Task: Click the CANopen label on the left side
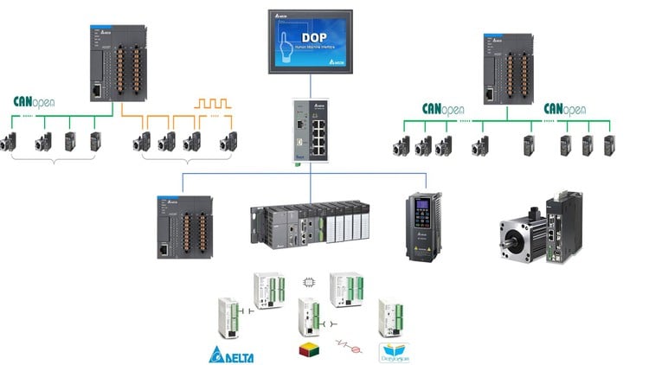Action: click(x=34, y=103)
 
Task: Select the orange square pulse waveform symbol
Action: click(x=212, y=105)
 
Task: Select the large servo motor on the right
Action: click(x=524, y=235)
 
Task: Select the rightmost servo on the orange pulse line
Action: click(x=228, y=142)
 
